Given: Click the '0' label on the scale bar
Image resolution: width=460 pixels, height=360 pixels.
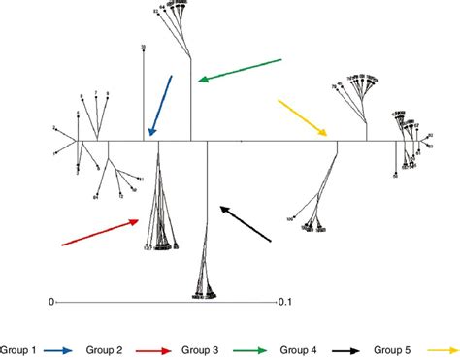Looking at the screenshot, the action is tap(51, 302).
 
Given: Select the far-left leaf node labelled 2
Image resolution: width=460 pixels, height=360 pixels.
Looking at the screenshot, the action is tap(55, 128).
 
